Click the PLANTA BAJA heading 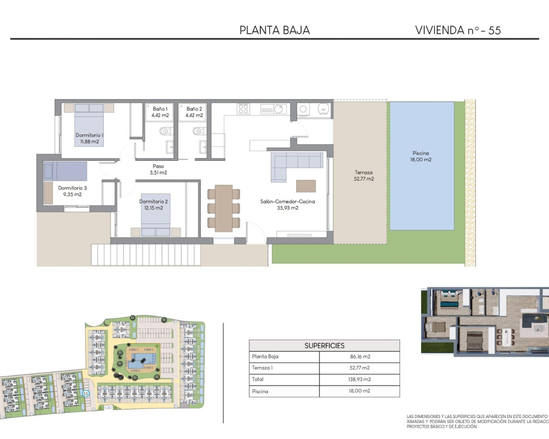coord(274,30)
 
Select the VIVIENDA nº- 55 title coord(458,30)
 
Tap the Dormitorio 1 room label coord(89,135)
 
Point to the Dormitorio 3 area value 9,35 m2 coord(72,194)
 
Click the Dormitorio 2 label coord(154,201)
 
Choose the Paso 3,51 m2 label coord(158,169)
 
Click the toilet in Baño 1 coord(165,131)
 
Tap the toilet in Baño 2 coord(198,131)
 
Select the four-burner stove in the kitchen coord(243,109)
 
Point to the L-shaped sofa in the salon coord(292,163)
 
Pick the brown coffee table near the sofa coord(306,186)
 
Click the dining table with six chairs coord(223,208)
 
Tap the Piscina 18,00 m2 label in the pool coord(421,156)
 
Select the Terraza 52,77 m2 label coord(364,176)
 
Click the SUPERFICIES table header coord(324,346)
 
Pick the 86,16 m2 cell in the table coord(359,357)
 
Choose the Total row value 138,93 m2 coord(359,379)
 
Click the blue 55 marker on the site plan coord(85,393)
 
